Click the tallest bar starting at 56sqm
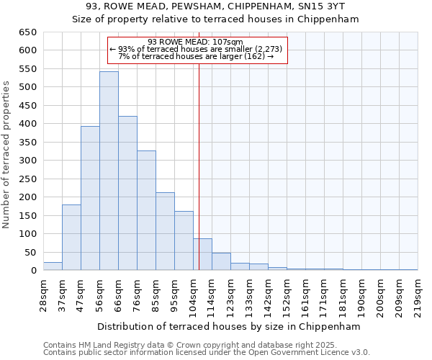(x=109, y=171)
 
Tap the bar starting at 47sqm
(x=90, y=199)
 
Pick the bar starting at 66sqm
(x=127, y=194)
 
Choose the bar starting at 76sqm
(x=146, y=210)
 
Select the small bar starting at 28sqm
(x=53, y=266)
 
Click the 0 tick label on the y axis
(x=33, y=271)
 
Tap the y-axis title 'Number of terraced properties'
(x=7, y=155)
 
